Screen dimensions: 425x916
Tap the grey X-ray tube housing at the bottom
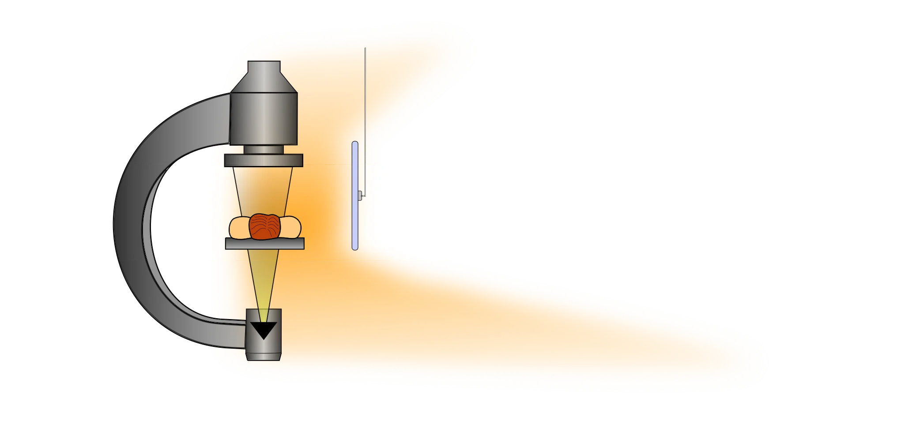pos(264,351)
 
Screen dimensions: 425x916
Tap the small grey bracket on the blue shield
pos(361,195)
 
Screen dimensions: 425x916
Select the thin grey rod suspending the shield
pos(365,110)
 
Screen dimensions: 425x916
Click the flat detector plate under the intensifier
pos(264,160)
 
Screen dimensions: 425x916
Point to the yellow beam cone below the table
pos(264,282)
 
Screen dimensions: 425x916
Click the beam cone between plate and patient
pos(264,190)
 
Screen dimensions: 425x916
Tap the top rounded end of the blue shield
pos(355,143)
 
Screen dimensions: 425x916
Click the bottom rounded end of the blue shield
pos(355,248)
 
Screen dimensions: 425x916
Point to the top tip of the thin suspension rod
pos(365,48)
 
